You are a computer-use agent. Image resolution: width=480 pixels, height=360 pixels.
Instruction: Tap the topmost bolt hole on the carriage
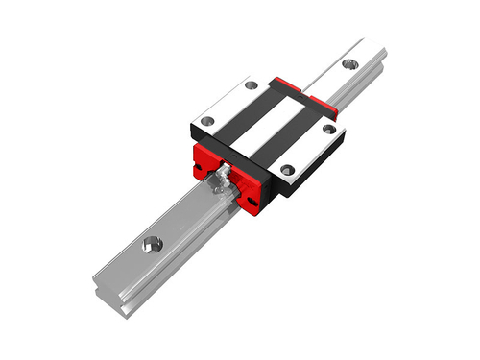pos(252,85)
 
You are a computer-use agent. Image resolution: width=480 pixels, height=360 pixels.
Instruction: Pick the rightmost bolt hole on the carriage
pos(328,128)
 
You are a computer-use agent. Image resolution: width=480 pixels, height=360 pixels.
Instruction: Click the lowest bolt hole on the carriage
pos(285,170)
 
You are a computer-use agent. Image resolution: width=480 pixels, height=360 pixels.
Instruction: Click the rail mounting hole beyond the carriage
pos(348,64)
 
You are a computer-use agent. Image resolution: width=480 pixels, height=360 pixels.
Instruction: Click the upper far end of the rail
pos(370,48)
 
